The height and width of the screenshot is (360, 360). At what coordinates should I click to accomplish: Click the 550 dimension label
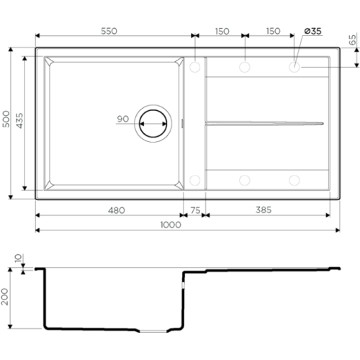109,31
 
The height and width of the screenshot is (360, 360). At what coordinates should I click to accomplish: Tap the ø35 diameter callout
312,31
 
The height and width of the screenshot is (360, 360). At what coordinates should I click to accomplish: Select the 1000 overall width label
171,225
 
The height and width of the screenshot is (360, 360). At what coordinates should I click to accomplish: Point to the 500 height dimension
6,119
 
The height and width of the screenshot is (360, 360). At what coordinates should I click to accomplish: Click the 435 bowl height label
19,120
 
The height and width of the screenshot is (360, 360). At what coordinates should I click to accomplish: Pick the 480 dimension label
117,210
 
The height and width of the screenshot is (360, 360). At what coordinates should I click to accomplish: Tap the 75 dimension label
195,210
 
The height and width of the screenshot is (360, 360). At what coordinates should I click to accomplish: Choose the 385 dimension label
264,210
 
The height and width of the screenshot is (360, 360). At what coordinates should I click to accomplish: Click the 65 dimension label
352,40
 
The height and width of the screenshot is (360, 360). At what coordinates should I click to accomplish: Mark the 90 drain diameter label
123,119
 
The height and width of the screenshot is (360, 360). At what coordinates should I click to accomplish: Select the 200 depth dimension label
4,297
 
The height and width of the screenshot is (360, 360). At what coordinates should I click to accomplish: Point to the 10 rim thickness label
18,258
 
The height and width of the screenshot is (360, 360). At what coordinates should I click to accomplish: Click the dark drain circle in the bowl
153,124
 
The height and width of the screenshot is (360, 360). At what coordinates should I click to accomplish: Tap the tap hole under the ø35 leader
294,67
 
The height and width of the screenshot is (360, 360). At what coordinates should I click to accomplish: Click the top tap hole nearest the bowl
195,67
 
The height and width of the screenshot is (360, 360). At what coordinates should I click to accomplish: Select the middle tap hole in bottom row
245,180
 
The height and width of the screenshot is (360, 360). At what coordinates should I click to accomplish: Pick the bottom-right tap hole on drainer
294,180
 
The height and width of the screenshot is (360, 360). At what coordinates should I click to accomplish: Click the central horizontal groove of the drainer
264,123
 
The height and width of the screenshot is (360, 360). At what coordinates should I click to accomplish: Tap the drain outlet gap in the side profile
153,331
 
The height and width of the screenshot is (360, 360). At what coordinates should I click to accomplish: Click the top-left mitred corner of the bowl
49,61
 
